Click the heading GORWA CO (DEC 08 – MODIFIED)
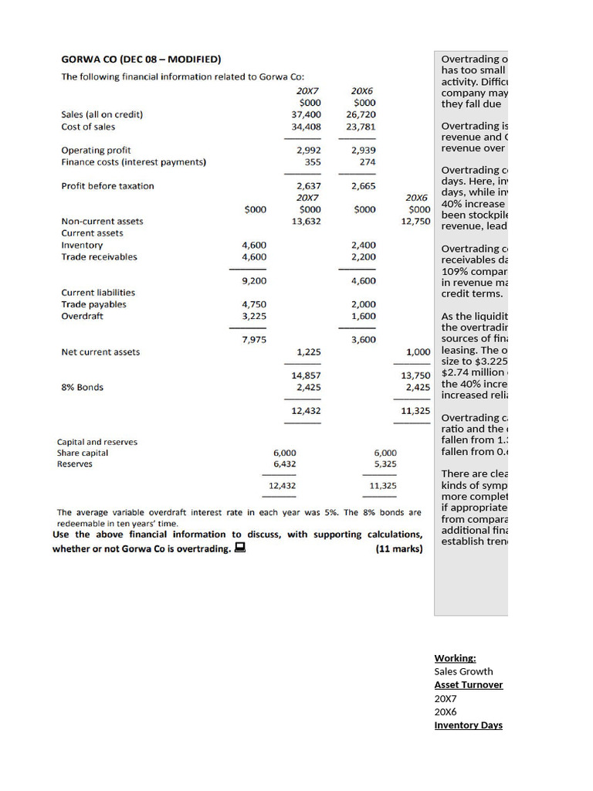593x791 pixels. tap(141, 59)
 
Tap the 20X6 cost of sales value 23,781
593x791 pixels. tap(361, 127)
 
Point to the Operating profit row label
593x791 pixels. tap(96, 150)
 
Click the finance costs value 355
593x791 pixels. tap(313, 162)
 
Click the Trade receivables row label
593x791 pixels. tap(99, 256)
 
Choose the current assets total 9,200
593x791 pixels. tap(254, 281)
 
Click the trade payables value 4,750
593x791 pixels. tap(254, 304)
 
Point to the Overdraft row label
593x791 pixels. tap(82, 316)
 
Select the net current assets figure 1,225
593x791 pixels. tap(309, 352)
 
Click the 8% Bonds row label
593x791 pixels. tap(82, 387)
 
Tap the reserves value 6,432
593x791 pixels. tap(284, 464)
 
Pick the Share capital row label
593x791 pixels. tap(83, 453)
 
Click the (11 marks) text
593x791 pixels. tap(398, 549)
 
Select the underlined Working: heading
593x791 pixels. tap(455, 658)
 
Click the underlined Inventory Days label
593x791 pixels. tap(468, 725)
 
